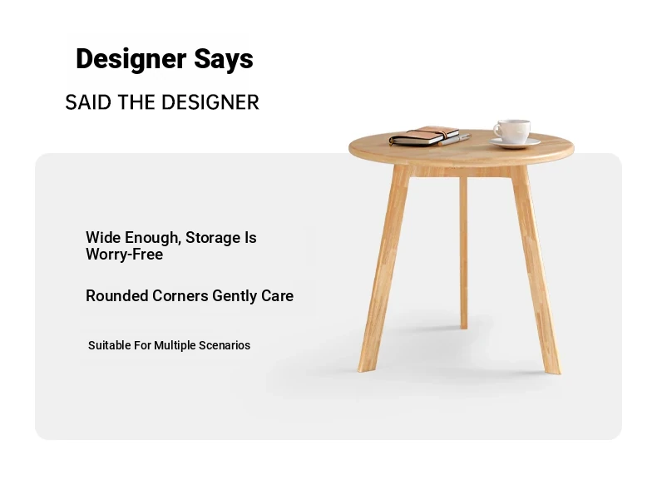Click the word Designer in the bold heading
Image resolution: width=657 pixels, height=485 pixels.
[x=131, y=59]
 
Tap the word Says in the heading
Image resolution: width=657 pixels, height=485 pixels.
[x=224, y=59]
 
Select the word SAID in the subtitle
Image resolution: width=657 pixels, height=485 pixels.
[x=88, y=102]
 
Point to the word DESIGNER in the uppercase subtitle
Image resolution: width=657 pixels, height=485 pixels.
[x=210, y=102]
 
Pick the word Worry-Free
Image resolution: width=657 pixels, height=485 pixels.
[x=125, y=255]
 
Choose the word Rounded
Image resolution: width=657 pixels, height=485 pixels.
[x=117, y=295]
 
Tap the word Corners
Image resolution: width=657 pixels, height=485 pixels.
[x=180, y=295]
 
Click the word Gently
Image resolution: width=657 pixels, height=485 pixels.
[x=235, y=296]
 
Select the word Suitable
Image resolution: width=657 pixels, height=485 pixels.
[x=109, y=345]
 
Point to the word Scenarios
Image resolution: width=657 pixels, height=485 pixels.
[x=225, y=345]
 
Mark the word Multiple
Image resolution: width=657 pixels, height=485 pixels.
[x=175, y=345]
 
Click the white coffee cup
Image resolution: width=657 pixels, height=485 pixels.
[x=513, y=131]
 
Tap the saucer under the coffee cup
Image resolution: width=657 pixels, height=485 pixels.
[x=515, y=143]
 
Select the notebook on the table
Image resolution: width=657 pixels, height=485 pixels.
[x=423, y=136]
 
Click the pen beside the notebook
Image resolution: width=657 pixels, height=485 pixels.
[x=455, y=140]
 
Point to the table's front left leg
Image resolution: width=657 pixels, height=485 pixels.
[x=383, y=268]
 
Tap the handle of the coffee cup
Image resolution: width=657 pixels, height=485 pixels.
[x=496, y=131]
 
